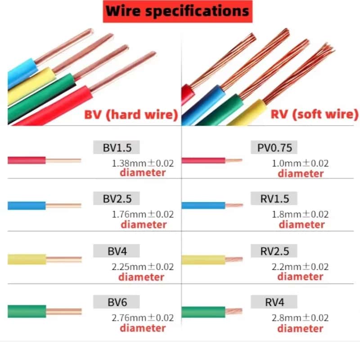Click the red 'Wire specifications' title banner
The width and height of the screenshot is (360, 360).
click(177, 11)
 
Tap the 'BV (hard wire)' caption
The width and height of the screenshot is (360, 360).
click(131, 114)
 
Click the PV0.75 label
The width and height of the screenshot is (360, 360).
click(274, 147)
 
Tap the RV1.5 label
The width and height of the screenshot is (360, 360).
click(274, 198)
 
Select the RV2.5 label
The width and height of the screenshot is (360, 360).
click(274, 250)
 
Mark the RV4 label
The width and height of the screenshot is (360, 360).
click(274, 301)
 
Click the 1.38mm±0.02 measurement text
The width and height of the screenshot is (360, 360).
click(143, 163)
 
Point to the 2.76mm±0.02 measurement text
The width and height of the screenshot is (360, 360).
click(143, 318)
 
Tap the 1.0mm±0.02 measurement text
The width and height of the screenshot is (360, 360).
click(301, 163)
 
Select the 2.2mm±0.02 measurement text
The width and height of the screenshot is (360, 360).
click(301, 266)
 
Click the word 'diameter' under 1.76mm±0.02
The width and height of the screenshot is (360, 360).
click(144, 224)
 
